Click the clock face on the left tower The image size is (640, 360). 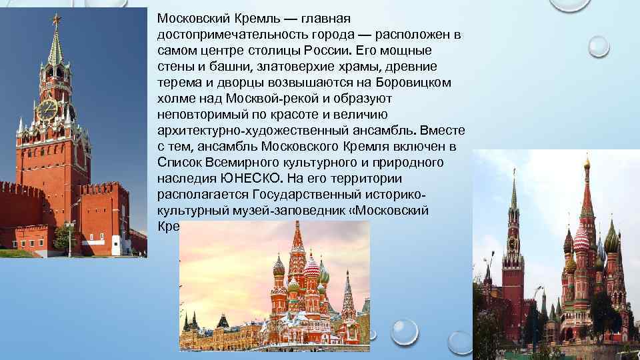tap(47, 109)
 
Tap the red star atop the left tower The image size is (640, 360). tap(56, 17)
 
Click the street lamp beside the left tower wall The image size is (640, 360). tap(70, 237)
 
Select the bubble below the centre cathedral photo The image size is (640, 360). tap(405, 331)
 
